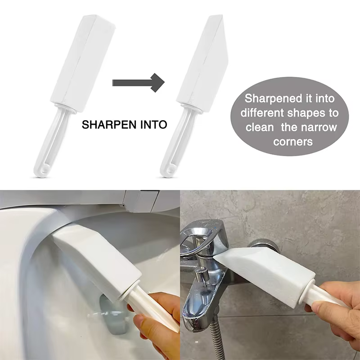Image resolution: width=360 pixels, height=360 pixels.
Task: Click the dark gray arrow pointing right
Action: (138, 83)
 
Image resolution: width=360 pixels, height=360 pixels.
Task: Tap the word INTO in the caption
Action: (153, 125)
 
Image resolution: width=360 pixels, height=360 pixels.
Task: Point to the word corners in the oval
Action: (293, 142)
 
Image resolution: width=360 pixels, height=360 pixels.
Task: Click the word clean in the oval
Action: (260, 127)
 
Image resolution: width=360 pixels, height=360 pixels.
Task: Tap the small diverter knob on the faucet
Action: (200, 275)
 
